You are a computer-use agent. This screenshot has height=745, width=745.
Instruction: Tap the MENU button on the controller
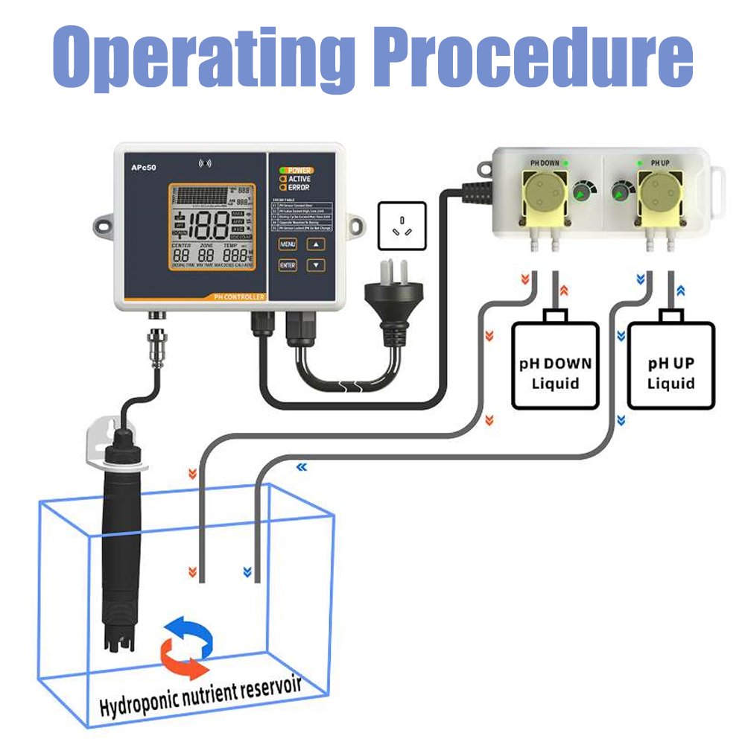288,244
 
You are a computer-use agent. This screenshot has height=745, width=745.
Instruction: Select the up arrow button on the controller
317,244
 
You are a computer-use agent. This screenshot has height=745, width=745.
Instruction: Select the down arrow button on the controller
317,264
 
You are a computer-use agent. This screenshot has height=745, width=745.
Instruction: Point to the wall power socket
402,225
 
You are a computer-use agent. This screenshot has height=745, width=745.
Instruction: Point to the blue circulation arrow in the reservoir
186,633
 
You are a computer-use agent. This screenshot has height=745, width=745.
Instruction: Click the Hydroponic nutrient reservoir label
201,697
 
